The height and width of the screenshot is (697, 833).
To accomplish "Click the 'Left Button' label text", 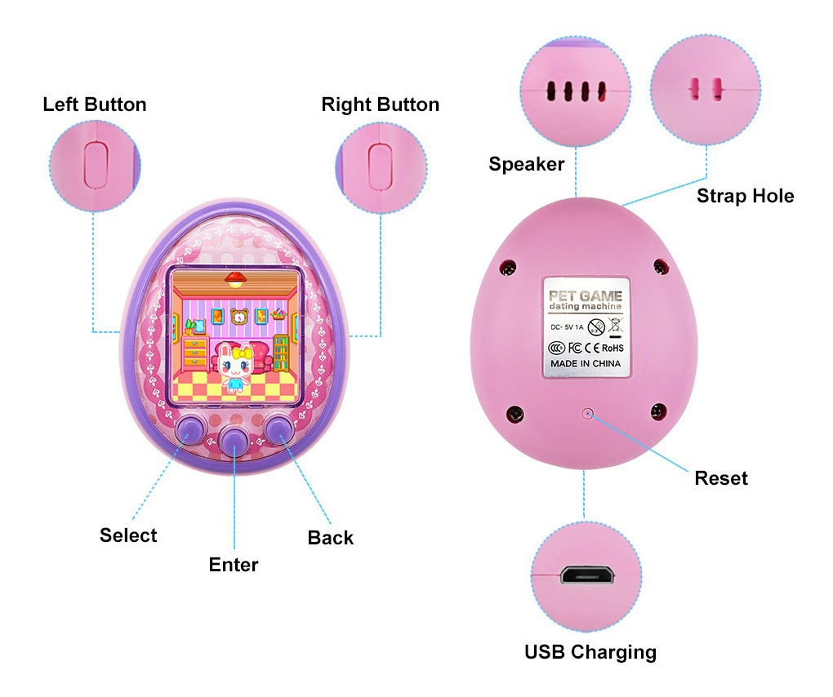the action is pyautogui.click(x=95, y=104).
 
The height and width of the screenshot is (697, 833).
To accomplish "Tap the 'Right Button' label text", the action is pyautogui.click(x=381, y=104).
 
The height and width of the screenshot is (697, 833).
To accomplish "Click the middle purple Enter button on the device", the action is pyautogui.click(x=234, y=438).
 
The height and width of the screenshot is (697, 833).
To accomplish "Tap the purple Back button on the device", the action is pyautogui.click(x=279, y=429).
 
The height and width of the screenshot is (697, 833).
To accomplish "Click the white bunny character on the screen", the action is pyautogui.click(x=235, y=366).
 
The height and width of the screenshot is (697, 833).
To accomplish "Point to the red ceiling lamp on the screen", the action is pyautogui.click(x=234, y=278).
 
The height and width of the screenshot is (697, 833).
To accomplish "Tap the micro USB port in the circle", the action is pyautogui.click(x=587, y=575).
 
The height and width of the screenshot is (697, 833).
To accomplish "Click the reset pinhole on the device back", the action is pyautogui.click(x=587, y=413).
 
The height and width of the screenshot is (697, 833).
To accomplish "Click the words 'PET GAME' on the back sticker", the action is pyautogui.click(x=585, y=295).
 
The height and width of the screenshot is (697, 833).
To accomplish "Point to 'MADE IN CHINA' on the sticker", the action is pyautogui.click(x=586, y=364).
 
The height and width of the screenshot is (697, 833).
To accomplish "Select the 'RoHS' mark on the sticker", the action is pyautogui.click(x=612, y=348).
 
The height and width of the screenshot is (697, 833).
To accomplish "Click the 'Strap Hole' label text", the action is pyautogui.click(x=746, y=196).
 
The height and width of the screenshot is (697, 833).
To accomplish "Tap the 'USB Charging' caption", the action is pyautogui.click(x=590, y=652).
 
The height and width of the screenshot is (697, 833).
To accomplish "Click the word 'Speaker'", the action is pyautogui.click(x=527, y=165).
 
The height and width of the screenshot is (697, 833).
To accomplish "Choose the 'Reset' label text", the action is pyautogui.click(x=721, y=478).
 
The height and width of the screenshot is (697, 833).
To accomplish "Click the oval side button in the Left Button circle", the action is pyautogui.click(x=96, y=164).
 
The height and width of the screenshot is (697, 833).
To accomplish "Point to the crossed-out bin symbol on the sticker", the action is pyautogui.click(x=615, y=326).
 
